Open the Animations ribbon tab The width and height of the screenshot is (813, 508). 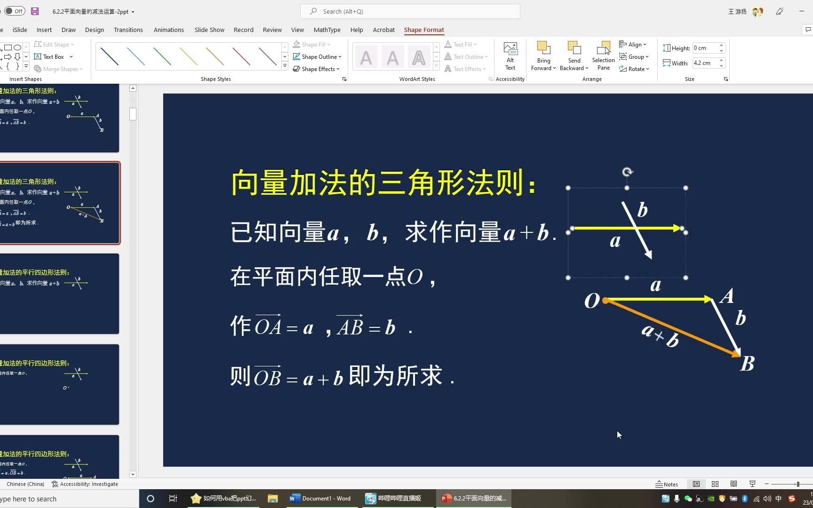pyautogui.click(x=168, y=30)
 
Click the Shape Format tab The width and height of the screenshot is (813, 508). pyautogui.click(x=423, y=30)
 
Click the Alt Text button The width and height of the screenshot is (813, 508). pyautogui.click(x=510, y=56)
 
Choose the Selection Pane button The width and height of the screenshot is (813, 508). pyautogui.click(x=603, y=56)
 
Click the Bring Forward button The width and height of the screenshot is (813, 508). pyautogui.click(x=543, y=56)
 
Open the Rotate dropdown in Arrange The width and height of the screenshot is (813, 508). pyautogui.click(x=634, y=69)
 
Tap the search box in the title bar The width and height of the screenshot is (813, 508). pyautogui.click(x=410, y=11)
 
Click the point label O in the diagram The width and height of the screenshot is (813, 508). pyautogui.click(x=592, y=301)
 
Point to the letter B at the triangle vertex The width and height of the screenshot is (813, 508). pyautogui.click(x=747, y=364)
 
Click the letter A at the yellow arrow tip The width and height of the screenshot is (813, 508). pyautogui.click(x=727, y=296)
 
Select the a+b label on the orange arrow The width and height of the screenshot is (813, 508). pyautogui.click(x=660, y=335)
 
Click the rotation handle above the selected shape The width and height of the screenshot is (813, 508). pyautogui.click(x=627, y=172)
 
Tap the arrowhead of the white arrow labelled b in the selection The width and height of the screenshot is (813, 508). pyautogui.click(x=649, y=254)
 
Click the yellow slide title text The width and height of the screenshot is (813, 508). pyautogui.click(x=383, y=183)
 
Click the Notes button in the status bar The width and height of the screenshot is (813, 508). pyautogui.click(x=667, y=484)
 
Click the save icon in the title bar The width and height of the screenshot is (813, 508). pyautogui.click(x=35, y=11)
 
